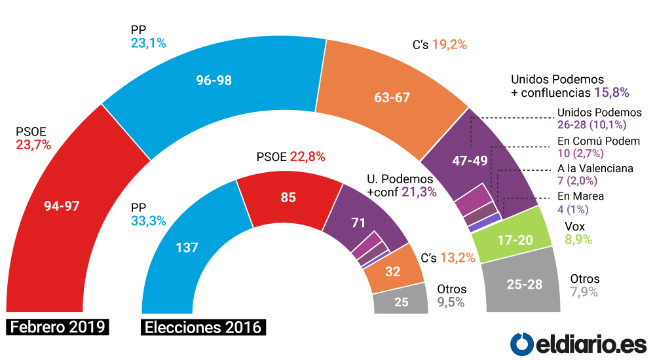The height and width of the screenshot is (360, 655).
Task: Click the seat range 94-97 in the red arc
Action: pyautogui.click(x=62, y=206)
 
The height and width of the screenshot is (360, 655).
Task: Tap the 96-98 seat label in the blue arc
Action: pyautogui.click(x=214, y=81)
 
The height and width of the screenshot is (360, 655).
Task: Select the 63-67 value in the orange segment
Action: pyautogui.click(x=392, y=98)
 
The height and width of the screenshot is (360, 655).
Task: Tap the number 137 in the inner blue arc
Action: pyautogui.click(x=187, y=248)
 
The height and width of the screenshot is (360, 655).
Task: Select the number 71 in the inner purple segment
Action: pyautogui.click(x=358, y=223)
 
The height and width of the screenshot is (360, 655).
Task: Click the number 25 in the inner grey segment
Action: pyautogui.click(x=402, y=302)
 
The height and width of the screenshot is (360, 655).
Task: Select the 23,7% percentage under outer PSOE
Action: pyautogui.click(x=33, y=145)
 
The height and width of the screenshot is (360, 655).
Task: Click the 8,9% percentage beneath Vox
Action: pyautogui.click(x=578, y=240)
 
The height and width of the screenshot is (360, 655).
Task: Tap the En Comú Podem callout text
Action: pyautogui.click(x=598, y=141)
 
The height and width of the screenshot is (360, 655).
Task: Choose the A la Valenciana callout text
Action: pyautogui.click(x=595, y=168)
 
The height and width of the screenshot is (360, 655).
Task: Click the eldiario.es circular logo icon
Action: pyautogui.click(x=522, y=343)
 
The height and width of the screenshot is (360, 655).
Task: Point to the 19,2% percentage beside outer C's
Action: pyautogui.click(x=449, y=45)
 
